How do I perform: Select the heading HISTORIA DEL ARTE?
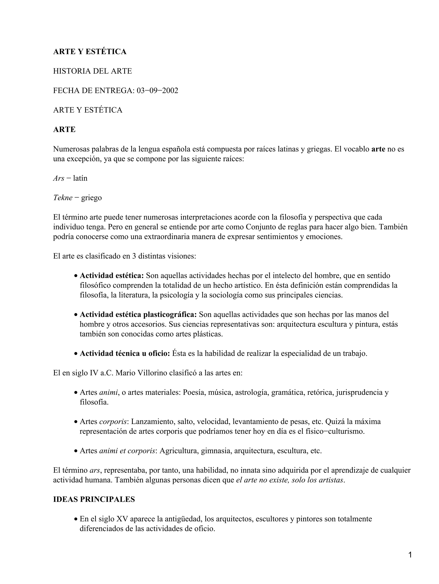click(92, 71)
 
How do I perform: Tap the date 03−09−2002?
click(157, 91)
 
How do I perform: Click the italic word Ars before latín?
click(59, 178)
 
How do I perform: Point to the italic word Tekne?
click(63, 198)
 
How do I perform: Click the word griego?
click(91, 198)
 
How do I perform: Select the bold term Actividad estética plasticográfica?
click(138, 314)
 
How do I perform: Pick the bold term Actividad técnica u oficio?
click(125, 353)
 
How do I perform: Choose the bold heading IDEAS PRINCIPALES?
click(94, 500)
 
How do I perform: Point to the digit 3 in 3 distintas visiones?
click(134, 256)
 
